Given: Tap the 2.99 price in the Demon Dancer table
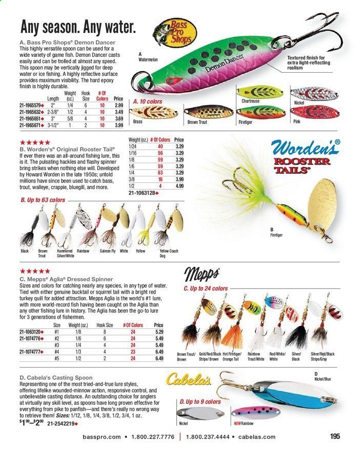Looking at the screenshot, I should point(118,105).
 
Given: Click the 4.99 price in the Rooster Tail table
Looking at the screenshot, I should point(179,186).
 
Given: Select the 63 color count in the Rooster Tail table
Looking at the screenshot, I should point(159,173).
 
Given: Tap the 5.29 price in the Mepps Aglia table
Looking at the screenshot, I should point(158,332).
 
